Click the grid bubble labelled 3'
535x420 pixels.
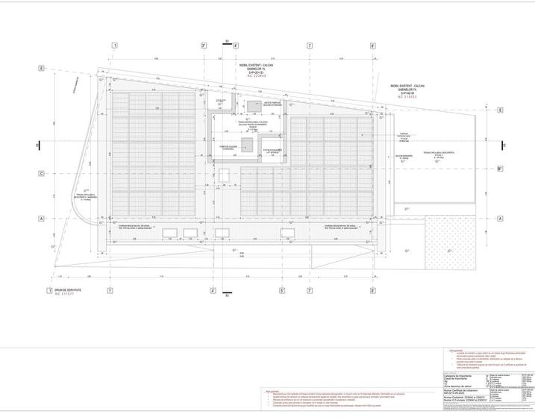click(203, 46)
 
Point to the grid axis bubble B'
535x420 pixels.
click(499, 169)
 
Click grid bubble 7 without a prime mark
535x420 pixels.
click(309, 46)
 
